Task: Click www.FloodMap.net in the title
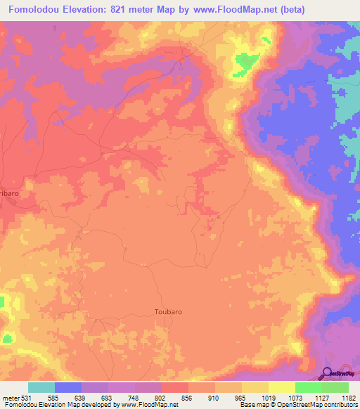click(x=271, y=10)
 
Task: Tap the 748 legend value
click(x=134, y=397)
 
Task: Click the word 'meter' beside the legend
click(x=11, y=397)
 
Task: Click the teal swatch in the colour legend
click(x=41, y=387)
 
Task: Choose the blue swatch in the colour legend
click(x=68, y=387)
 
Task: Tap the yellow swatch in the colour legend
click(x=281, y=387)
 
